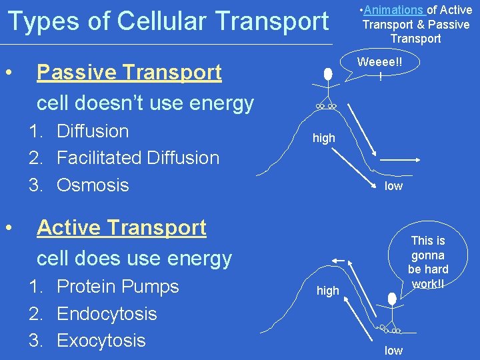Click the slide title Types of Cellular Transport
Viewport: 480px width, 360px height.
point(167,21)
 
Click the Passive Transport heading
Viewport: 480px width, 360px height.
point(129,72)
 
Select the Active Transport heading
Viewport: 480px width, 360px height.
point(121,228)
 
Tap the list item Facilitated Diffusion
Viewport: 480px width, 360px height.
point(137,158)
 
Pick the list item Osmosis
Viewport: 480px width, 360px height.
point(93,185)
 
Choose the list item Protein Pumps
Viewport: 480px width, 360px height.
point(118,287)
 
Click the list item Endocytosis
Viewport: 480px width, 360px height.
point(107,313)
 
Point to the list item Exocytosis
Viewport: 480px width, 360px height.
point(101,341)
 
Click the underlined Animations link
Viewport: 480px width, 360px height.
point(394,10)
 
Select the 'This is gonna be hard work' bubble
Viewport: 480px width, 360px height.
point(427,262)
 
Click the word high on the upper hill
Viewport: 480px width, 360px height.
point(324,138)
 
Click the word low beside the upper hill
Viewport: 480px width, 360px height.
point(393,186)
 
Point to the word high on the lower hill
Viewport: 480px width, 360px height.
point(327,291)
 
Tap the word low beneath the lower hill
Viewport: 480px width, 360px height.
point(393,351)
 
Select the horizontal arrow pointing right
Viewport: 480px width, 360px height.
point(399,160)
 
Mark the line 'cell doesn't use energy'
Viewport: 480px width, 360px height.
point(145,103)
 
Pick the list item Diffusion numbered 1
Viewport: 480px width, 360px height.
point(93,131)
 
